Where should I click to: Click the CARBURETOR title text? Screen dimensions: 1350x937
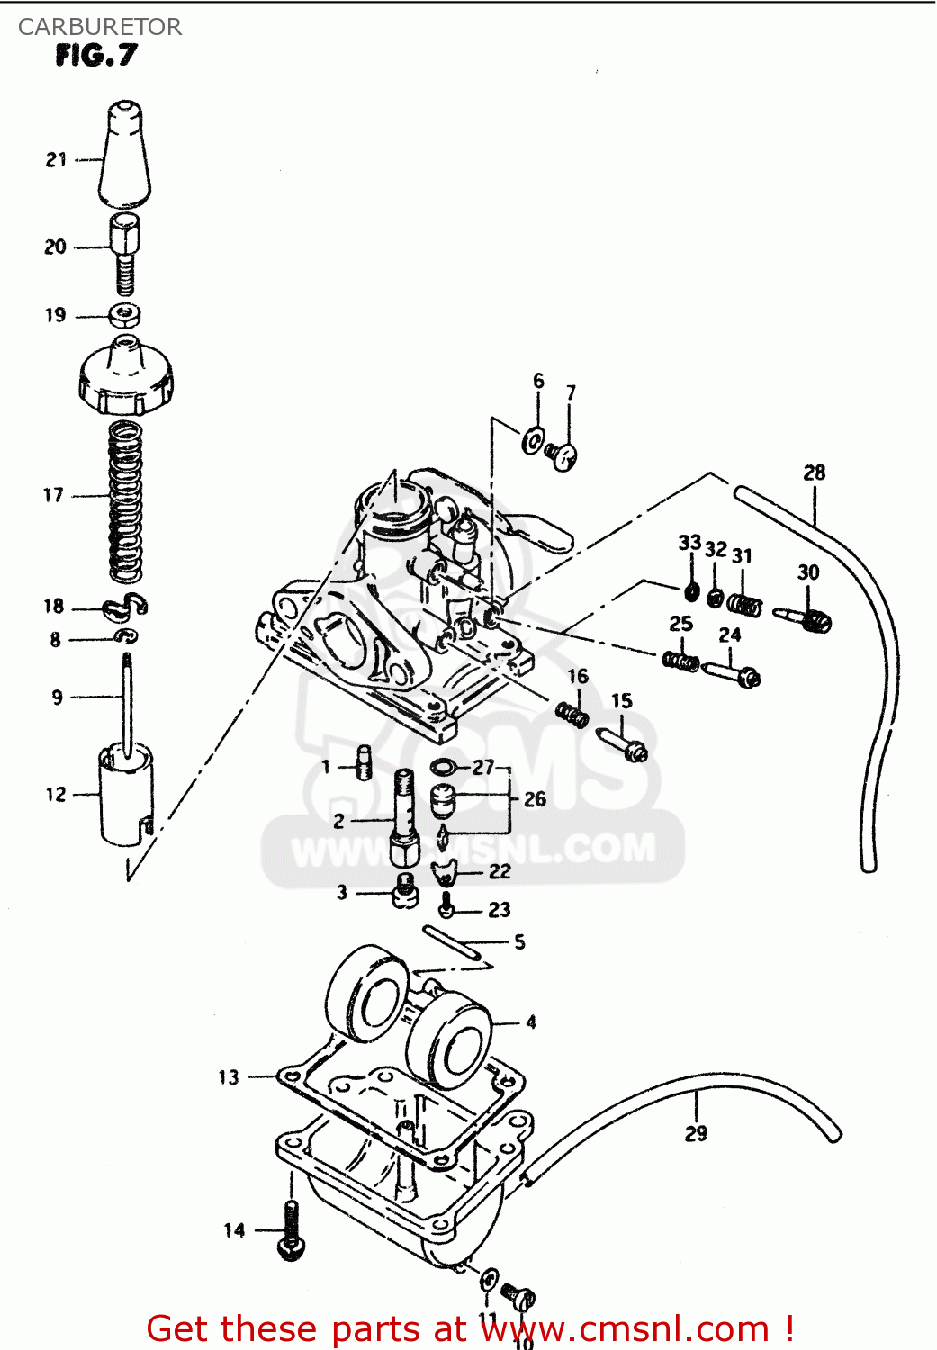click(99, 27)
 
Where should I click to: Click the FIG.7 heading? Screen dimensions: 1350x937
click(95, 56)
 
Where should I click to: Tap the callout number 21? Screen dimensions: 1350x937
click(57, 159)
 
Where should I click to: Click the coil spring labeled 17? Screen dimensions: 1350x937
click(125, 502)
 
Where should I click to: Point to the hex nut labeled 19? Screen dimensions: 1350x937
click(124, 315)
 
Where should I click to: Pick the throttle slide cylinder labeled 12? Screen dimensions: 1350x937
click(125, 796)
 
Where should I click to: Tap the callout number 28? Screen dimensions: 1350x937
click(814, 472)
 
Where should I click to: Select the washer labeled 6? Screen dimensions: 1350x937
click(534, 441)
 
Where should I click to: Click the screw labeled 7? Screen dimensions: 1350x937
click(562, 456)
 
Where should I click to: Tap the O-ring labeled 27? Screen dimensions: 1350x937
click(443, 767)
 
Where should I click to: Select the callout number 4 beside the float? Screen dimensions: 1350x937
click(531, 1021)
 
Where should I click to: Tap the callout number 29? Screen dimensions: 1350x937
click(696, 1133)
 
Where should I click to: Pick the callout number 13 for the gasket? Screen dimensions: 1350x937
click(229, 1076)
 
